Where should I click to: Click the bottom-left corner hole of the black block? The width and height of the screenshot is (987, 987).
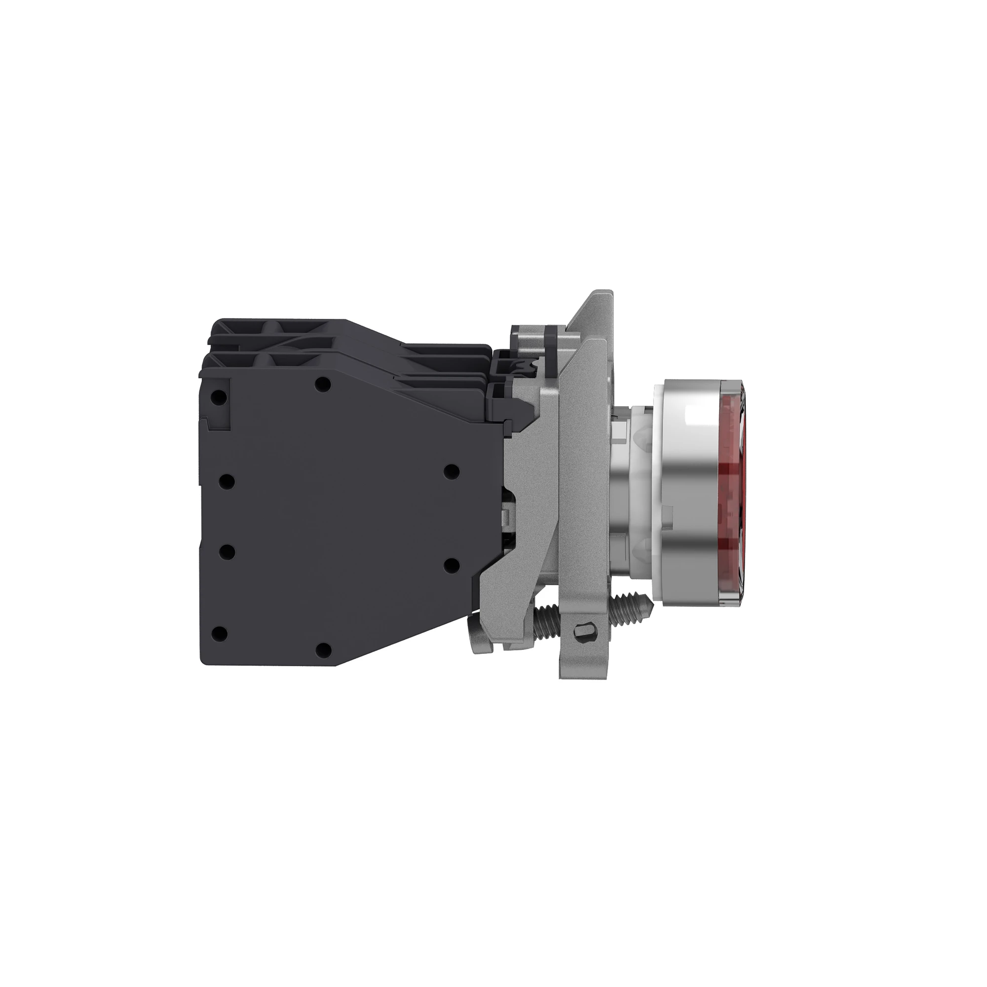[x=219, y=634]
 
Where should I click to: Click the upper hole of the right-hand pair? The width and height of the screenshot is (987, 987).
[x=450, y=471]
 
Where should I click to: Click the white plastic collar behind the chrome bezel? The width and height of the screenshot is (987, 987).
[x=642, y=491]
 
